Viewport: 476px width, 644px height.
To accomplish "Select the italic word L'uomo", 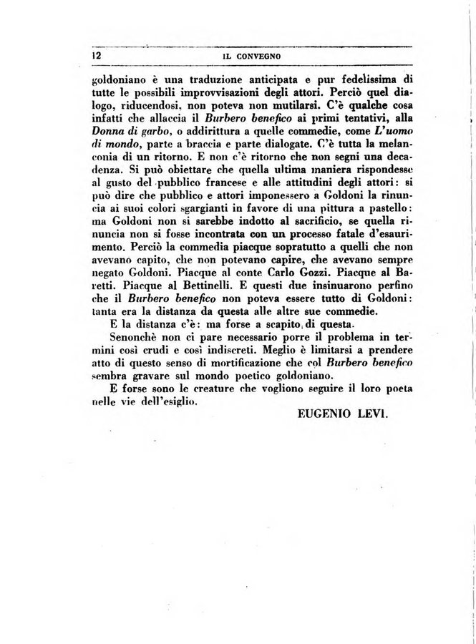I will point(393,135).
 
